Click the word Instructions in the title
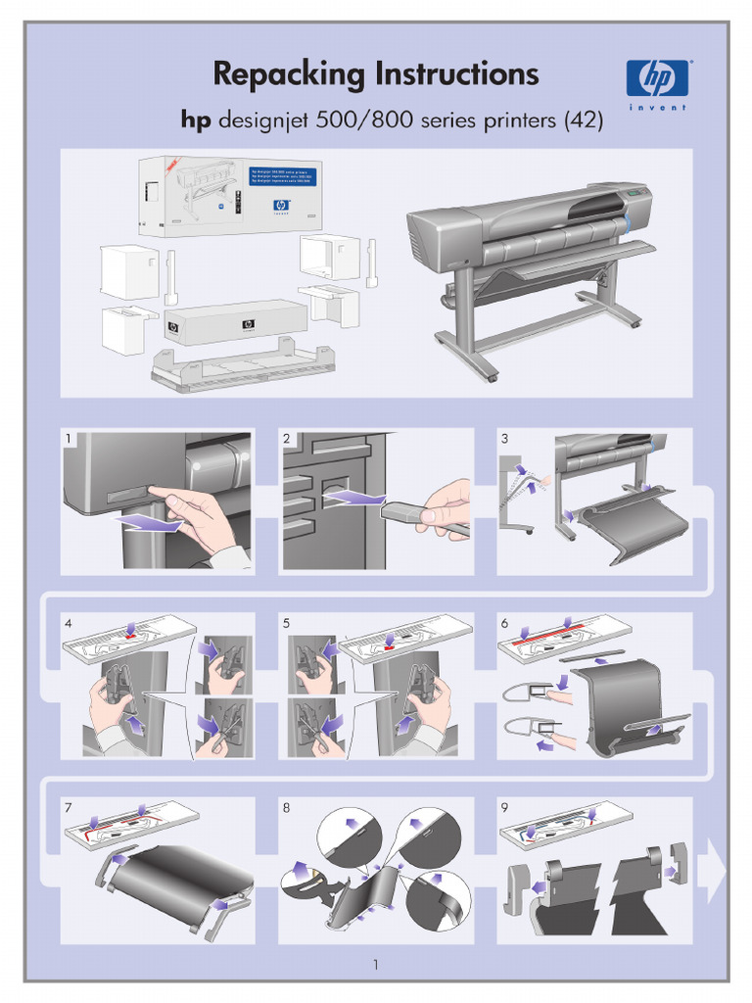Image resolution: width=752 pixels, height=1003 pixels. tap(451, 74)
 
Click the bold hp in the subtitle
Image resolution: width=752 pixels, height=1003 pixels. tap(195, 120)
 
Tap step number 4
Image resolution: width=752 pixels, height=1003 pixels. tap(69, 623)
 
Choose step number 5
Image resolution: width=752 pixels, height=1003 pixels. tap(287, 623)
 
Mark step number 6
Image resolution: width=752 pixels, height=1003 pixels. tap(504, 623)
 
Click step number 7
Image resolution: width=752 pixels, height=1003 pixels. tap(69, 807)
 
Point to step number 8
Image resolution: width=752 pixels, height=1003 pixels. tap(287, 807)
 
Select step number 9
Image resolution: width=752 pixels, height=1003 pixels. tap(504, 807)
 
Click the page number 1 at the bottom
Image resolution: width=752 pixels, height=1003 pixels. tap(376, 965)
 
